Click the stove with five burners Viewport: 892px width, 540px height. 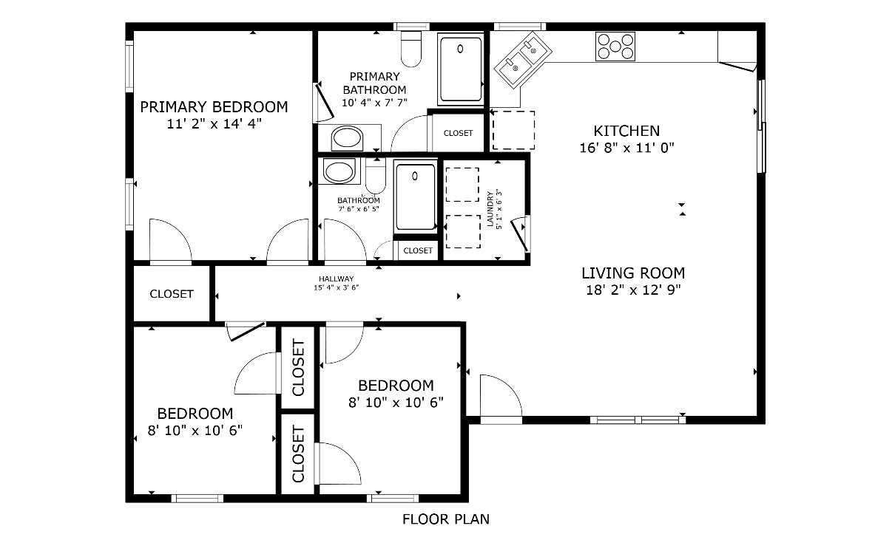tap(615, 47)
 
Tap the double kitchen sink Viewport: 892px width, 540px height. tap(523, 59)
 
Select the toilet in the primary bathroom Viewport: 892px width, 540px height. tap(411, 49)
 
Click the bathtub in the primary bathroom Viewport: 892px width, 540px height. tap(461, 69)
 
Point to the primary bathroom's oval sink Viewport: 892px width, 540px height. tap(347, 138)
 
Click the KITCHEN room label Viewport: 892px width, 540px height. tap(626, 131)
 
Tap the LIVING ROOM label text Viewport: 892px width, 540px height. tap(633, 273)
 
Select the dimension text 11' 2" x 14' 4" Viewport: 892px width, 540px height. tap(214, 123)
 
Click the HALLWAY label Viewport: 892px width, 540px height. tap(336, 278)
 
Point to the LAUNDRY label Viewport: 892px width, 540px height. tap(490, 209)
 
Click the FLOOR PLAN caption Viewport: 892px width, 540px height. tap(445, 519)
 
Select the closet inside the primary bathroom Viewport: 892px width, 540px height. tap(458, 133)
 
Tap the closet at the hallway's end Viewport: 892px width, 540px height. tap(172, 293)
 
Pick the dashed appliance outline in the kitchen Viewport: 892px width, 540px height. tap(514, 130)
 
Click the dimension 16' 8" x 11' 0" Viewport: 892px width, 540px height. tap(626, 148)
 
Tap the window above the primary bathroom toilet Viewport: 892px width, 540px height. tap(412, 27)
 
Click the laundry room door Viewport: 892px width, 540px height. tap(521, 234)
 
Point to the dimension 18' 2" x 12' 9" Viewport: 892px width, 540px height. tap(633, 290)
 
